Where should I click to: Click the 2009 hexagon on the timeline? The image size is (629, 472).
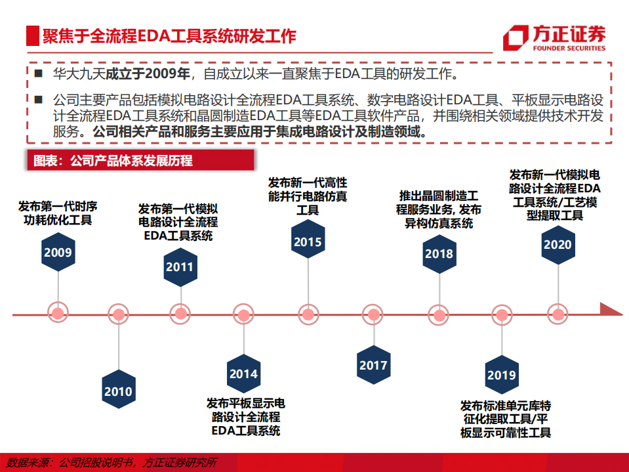pos(58,252)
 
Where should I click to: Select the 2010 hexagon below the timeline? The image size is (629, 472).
pos(118,392)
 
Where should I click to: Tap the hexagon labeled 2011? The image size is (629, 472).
pos(179,267)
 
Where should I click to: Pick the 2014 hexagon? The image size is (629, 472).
pos(243,374)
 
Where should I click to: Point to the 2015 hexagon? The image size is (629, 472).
pos(308,242)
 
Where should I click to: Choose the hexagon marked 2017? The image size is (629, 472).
pos(373,366)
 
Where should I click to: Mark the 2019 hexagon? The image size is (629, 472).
pos(502,375)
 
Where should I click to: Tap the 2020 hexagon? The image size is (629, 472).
pos(558,245)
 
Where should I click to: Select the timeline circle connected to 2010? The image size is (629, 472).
pos(119,314)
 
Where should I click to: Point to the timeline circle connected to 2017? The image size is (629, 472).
pos(373,314)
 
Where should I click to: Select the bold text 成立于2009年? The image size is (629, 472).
pos(148,72)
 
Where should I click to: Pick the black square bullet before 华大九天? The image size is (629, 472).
pos(39,73)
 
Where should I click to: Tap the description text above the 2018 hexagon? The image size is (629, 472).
pos(438,209)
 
